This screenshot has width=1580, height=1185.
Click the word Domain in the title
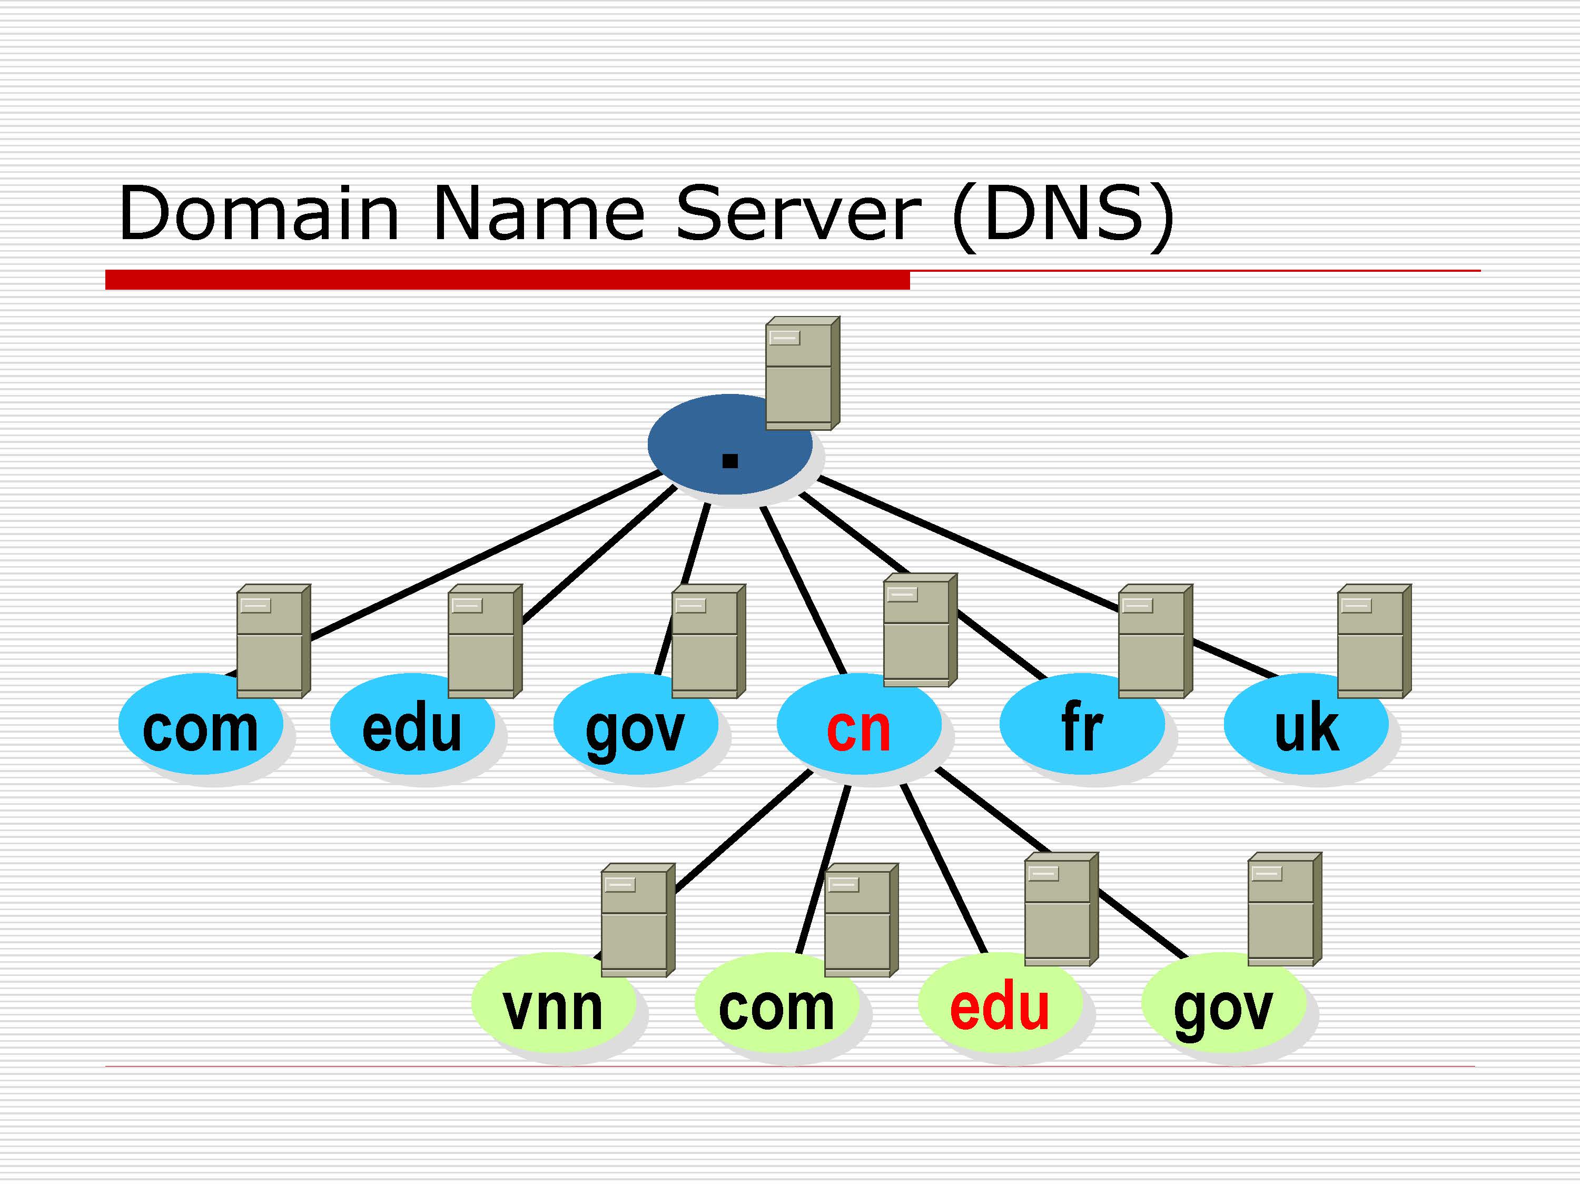pyautogui.click(x=259, y=214)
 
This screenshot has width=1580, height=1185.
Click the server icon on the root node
pyautogui.click(x=802, y=373)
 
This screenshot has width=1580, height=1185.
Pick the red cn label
pyautogui.click(x=858, y=729)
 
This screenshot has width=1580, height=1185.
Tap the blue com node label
pyautogui.click(x=200, y=729)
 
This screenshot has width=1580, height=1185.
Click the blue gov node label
pyautogui.click(x=635, y=730)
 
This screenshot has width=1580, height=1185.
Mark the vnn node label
pyautogui.click(x=552, y=1009)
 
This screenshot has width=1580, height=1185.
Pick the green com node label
pyautogui.click(x=776, y=1009)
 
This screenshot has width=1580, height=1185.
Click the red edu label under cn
pyautogui.click(x=999, y=1009)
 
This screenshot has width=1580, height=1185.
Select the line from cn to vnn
pyautogui.click(x=743, y=832)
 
